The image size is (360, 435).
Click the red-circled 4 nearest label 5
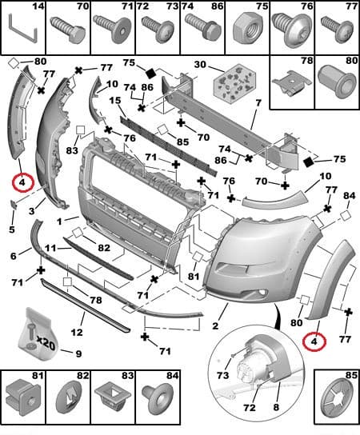[23, 183]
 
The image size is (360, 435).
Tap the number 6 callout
[14, 255]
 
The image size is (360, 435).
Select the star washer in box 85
[336, 407]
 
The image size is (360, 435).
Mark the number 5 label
[11, 230]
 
